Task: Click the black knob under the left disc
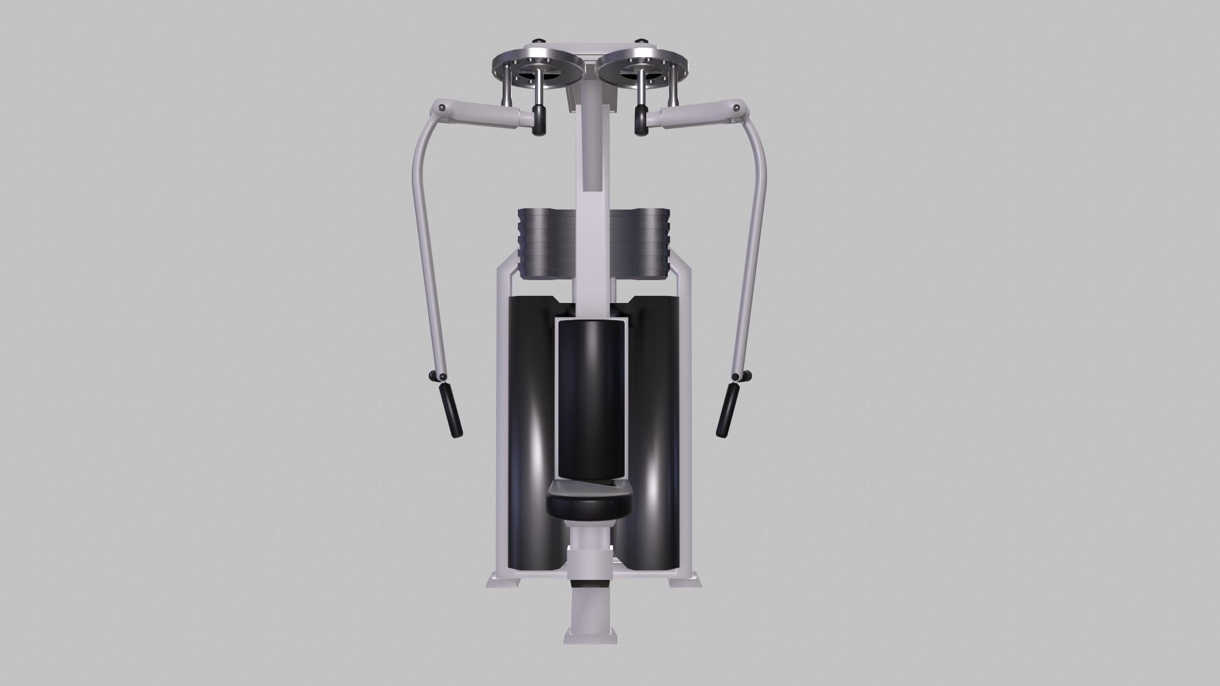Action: (x=539, y=120)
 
